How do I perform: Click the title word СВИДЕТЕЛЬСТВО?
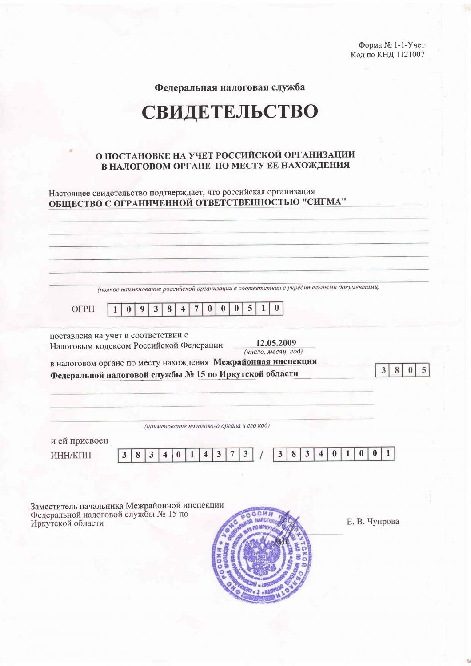tap(230, 112)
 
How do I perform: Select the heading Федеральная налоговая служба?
tap(229, 87)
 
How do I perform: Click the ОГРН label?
tap(83, 309)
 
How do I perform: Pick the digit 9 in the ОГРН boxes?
tap(142, 309)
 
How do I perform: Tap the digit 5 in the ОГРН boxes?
tap(250, 309)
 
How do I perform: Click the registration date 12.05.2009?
tap(276, 343)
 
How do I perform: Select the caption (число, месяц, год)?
tap(274, 351)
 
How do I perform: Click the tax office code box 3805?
tap(403, 370)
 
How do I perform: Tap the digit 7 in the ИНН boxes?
tap(232, 455)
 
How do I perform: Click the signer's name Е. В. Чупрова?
tap(372, 521)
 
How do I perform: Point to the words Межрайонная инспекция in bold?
tap(265, 361)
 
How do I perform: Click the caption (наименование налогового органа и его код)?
tap(207, 426)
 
